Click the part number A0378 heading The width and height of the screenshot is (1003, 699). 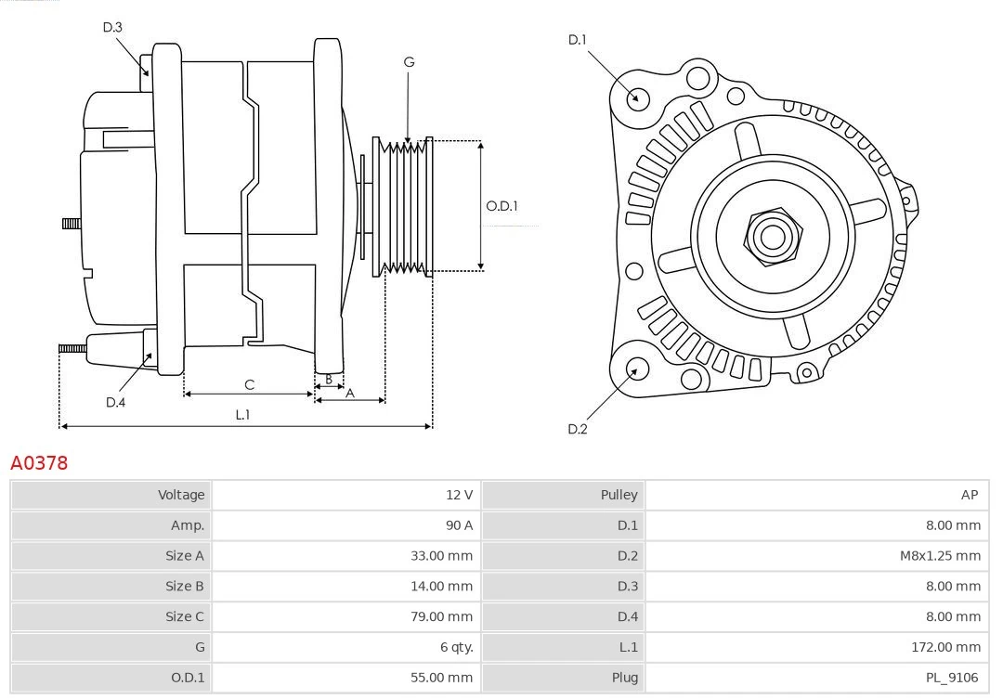tap(39, 462)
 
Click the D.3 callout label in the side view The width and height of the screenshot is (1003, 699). tap(112, 27)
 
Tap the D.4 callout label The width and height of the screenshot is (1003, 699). tap(115, 402)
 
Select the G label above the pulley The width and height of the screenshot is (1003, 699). tap(409, 62)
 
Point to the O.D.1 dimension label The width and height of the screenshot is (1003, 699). tap(501, 206)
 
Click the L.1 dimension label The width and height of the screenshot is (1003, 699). tap(242, 414)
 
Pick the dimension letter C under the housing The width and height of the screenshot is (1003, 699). tap(249, 384)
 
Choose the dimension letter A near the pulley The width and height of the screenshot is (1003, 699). tap(350, 393)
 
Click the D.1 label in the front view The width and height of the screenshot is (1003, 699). tap(578, 39)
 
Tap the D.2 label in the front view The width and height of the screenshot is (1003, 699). tap(578, 429)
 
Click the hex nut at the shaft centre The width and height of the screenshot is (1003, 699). tap(772, 237)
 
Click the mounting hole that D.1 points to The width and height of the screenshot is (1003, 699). tap(638, 97)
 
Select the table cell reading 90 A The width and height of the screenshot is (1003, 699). tap(459, 525)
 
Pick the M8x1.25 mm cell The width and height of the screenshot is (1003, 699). tap(939, 556)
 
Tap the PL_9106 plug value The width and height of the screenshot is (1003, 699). tap(952, 678)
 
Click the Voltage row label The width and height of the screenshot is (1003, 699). tap(180, 495)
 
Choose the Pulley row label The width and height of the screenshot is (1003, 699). tap(619, 495)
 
